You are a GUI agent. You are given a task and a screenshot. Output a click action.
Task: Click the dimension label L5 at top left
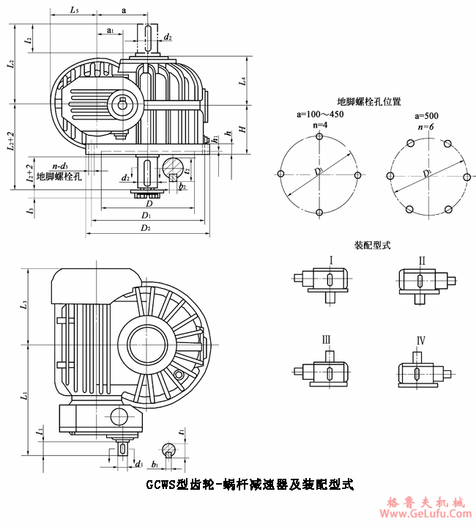(x=75, y=10)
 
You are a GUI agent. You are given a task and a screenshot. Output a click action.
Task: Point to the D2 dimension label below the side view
(x=146, y=228)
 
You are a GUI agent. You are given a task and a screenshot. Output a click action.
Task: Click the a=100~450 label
(x=319, y=115)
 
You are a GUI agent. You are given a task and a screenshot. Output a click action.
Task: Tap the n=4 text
(x=319, y=126)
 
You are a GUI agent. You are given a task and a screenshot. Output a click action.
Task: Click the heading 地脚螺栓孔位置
(x=368, y=102)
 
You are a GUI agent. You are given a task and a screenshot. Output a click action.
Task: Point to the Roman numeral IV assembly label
(x=421, y=342)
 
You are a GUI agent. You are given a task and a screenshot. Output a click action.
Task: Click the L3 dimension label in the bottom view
(x=25, y=302)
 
